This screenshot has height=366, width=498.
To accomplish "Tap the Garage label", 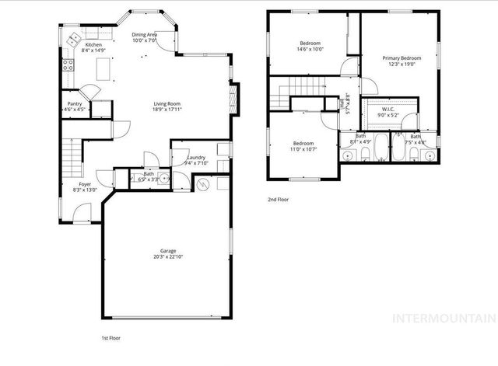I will click(x=168, y=251).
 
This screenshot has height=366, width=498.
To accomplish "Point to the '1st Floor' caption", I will click(x=112, y=338).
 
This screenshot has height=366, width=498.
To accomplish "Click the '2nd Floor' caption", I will click(x=278, y=200).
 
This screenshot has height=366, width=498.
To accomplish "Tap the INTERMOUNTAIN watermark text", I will click(x=443, y=318).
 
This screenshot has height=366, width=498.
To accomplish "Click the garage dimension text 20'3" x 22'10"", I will click(x=168, y=256).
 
